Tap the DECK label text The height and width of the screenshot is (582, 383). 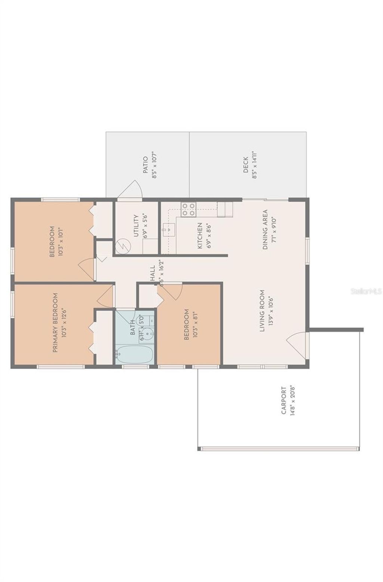click(246, 165)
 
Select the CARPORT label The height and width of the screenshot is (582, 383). click(284, 401)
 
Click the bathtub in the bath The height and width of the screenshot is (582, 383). click(134, 354)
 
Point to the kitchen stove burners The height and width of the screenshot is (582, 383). click(188, 209)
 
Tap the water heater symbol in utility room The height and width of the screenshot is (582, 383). click(122, 246)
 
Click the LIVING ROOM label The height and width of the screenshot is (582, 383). click(262, 311)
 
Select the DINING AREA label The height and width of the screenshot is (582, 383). click(265, 230)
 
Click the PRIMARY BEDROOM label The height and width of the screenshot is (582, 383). click(55, 323)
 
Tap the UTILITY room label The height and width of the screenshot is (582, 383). click(136, 225)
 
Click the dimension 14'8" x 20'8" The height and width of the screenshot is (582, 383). click(293, 401)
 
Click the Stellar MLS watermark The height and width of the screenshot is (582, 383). click(366, 291)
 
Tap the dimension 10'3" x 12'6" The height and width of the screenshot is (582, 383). click(64, 323)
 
